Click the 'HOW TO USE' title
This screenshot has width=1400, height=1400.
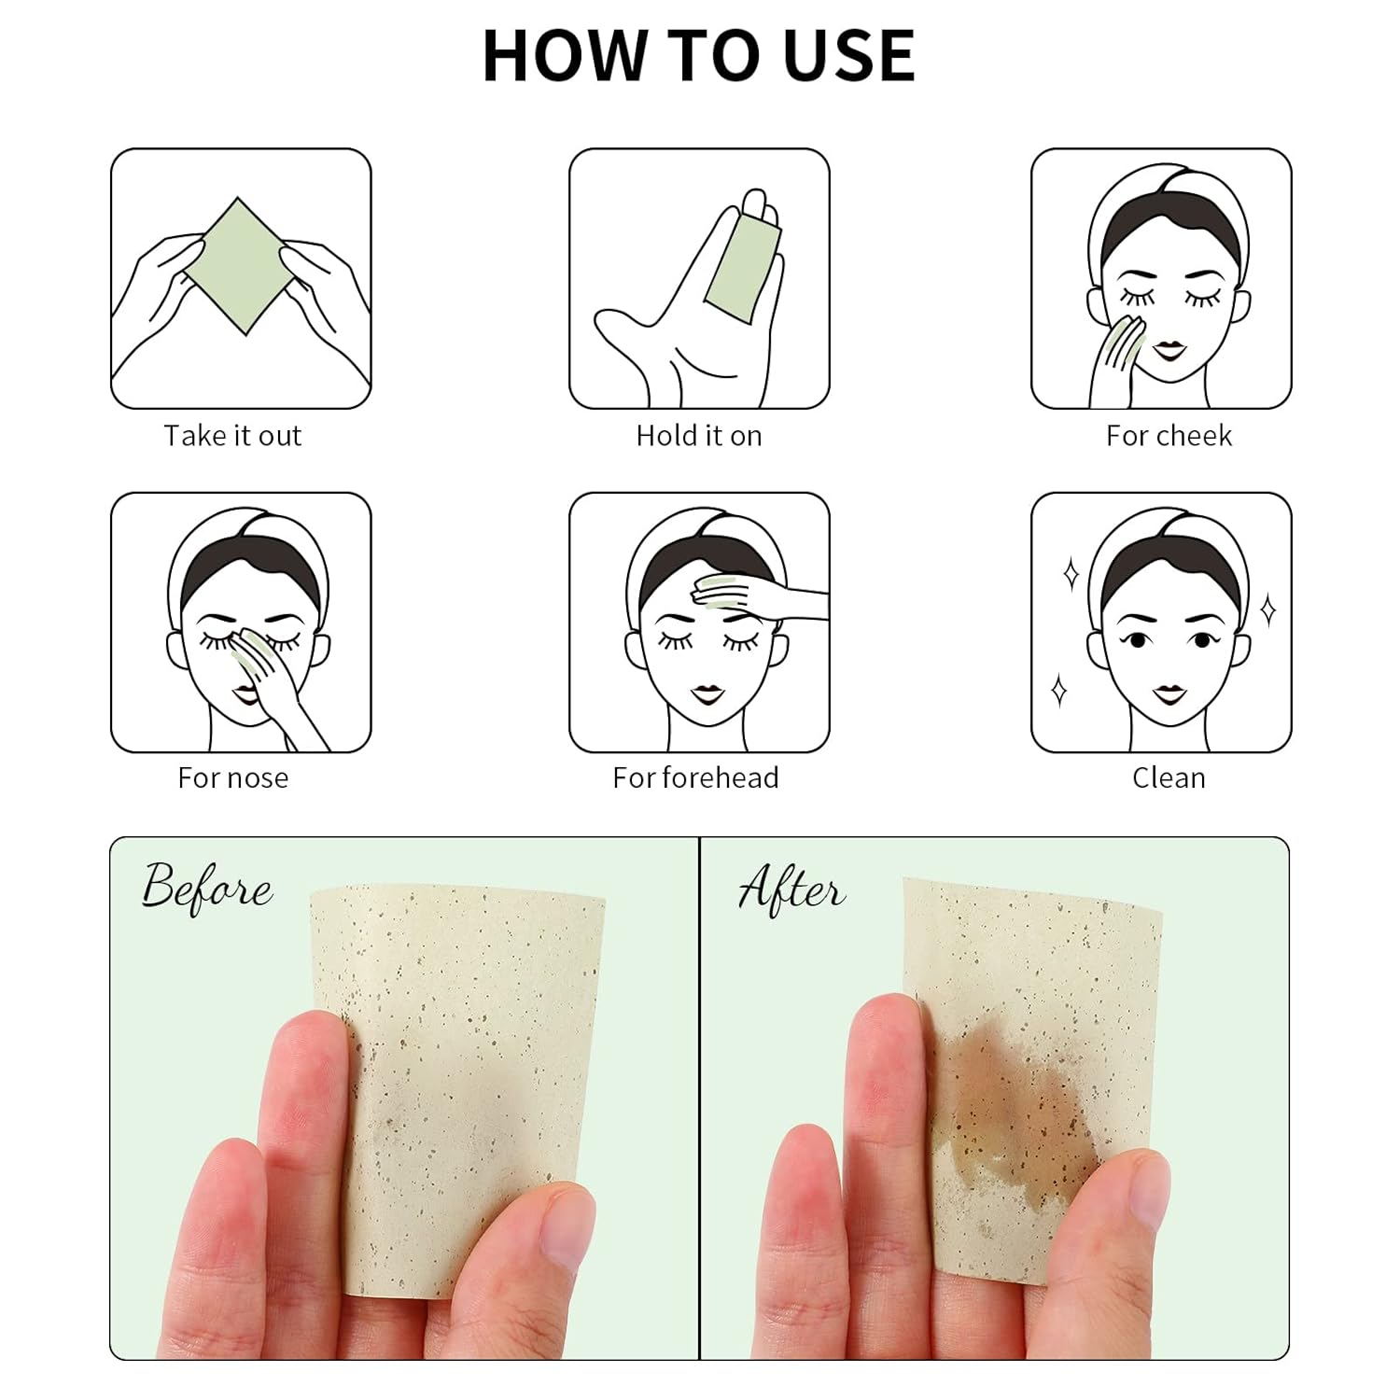pos(699,56)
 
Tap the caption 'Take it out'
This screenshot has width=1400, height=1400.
pos(232,436)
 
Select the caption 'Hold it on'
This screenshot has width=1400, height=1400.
pos(699,436)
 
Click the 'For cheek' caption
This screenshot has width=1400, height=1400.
pos(1169,436)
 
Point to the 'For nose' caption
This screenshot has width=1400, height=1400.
pos(232,778)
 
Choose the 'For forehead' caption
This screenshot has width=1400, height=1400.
pos(695,778)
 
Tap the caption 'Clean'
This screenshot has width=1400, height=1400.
pos(1169,778)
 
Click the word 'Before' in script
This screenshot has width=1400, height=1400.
pos(207,888)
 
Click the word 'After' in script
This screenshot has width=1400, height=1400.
pos(792,888)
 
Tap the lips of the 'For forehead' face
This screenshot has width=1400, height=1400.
pos(706,695)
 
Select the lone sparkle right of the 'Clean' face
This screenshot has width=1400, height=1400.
pos(1268,611)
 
